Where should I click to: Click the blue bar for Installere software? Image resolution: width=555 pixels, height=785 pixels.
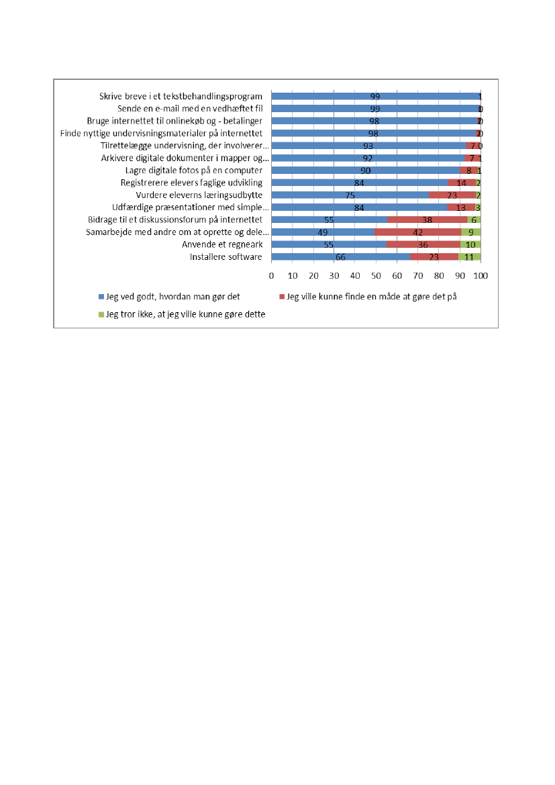340,256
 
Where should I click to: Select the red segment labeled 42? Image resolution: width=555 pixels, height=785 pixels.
417,232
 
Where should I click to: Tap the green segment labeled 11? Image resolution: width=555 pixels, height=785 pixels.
470,256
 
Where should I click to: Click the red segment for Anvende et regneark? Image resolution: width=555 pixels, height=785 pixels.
423,244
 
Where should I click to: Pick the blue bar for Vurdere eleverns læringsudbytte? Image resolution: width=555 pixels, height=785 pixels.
350,195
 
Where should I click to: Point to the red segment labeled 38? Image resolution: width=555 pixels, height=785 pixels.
427,220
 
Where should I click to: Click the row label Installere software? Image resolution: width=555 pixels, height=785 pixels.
226,256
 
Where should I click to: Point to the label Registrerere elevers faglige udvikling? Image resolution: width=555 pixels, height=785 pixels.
191,183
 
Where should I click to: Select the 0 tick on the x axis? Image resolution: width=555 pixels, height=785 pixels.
271,276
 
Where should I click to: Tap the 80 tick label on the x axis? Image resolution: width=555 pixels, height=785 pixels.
439,276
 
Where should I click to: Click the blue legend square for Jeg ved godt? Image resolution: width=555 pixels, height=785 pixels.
101,296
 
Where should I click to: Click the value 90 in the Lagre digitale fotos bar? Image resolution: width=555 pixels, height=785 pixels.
366,171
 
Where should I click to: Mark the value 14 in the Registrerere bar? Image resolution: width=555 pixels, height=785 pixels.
462,183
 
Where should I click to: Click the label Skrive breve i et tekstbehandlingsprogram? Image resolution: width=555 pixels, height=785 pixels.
181,97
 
